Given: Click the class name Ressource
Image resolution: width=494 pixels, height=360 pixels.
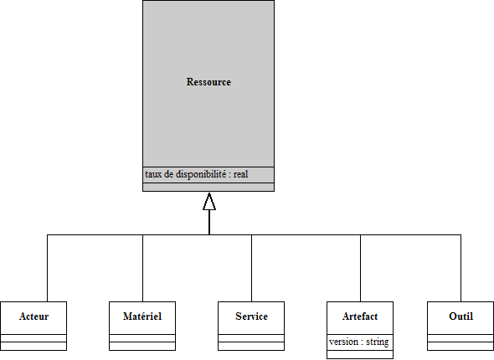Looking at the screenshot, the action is pyautogui.click(x=208, y=82).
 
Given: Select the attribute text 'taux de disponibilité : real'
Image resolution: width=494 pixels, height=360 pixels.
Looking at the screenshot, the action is pyautogui.click(x=196, y=174).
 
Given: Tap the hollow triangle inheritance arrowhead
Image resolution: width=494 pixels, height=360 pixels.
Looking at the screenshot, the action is pyautogui.click(x=209, y=201).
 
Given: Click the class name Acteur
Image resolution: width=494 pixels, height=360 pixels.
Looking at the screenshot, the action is pyautogui.click(x=33, y=316).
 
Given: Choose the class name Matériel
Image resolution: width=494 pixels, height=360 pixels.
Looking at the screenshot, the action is pyautogui.click(x=142, y=316).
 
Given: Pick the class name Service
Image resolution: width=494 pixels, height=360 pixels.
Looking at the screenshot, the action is pyautogui.click(x=251, y=316).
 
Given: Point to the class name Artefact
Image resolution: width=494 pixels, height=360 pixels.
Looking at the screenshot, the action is pyautogui.click(x=360, y=316).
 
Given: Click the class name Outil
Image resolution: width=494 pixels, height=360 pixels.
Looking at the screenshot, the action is pyautogui.click(x=461, y=316).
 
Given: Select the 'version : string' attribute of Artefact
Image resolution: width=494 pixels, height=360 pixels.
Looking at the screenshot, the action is pyautogui.click(x=359, y=342).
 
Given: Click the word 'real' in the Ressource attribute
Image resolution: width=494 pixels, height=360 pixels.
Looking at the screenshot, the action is pyautogui.click(x=240, y=174).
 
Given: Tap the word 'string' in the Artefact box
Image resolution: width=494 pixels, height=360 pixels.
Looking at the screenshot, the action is pyautogui.click(x=378, y=342).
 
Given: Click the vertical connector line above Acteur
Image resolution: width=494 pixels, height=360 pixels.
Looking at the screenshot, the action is pyautogui.click(x=47, y=268).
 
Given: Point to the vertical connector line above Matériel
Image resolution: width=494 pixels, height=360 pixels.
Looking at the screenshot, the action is pyautogui.click(x=142, y=268).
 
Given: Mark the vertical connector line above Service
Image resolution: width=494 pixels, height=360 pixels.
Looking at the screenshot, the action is pyautogui.click(x=251, y=268).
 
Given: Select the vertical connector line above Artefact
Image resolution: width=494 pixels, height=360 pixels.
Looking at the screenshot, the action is pyautogui.click(x=360, y=268).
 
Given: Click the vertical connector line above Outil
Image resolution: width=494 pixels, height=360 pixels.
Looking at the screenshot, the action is pyautogui.click(x=461, y=268).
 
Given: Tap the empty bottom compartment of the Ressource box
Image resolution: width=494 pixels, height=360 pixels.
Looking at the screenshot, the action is pyautogui.click(x=208, y=187).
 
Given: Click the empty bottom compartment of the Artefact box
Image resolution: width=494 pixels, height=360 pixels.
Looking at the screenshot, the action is pyautogui.click(x=360, y=354).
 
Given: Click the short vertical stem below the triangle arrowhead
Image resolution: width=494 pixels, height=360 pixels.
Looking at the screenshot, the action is pyautogui.click(x=209, y=223).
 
